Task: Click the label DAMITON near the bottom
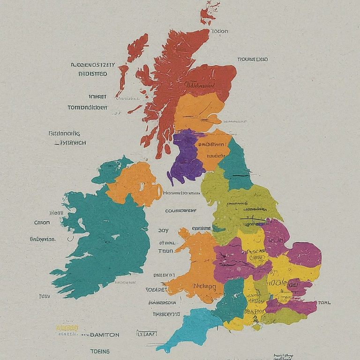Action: point(104,335)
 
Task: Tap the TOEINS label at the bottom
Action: point(100,351)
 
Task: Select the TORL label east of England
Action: point(324,303)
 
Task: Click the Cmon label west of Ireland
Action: point(42,223)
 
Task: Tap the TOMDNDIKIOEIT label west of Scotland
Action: point(88,107)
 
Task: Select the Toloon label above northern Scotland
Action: point(219,31)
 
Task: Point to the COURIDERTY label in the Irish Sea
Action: point(180,211)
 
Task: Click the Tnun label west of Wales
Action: point(165,251)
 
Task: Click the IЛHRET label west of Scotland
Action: point(97,97)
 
